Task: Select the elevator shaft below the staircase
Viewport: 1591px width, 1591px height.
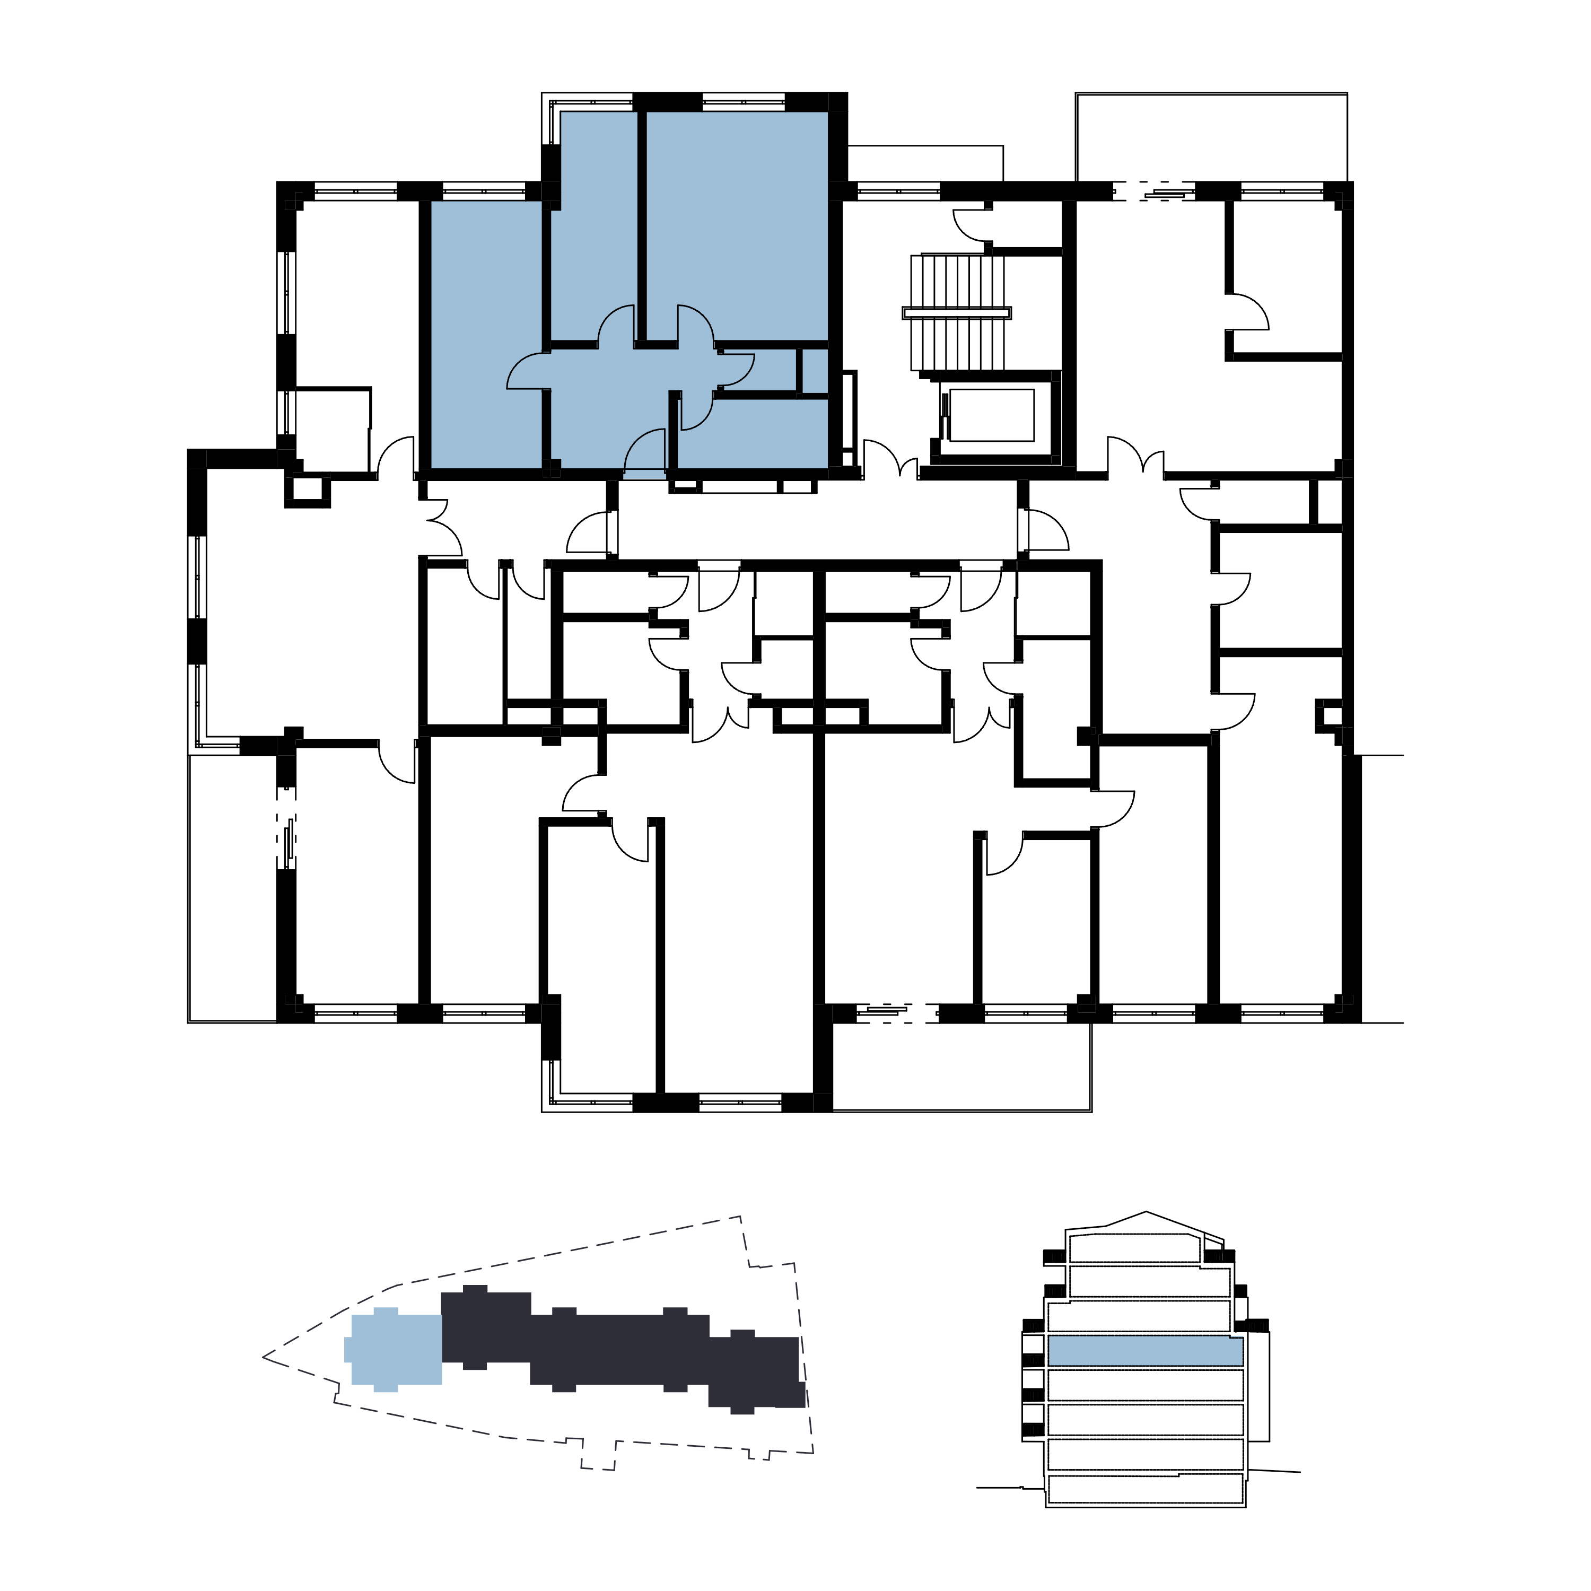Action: tap(992, 415)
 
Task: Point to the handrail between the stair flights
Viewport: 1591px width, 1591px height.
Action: tap(957, 312)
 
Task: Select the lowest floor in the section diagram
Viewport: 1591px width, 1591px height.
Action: tap(1144, 1489)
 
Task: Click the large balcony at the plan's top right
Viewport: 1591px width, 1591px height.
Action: tap(1211, 136)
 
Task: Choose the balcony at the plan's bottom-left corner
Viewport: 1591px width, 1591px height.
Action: tap(232, 889)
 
